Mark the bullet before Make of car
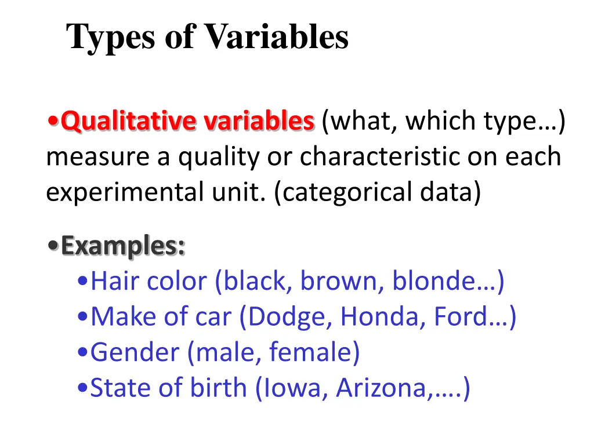(82, 318)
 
